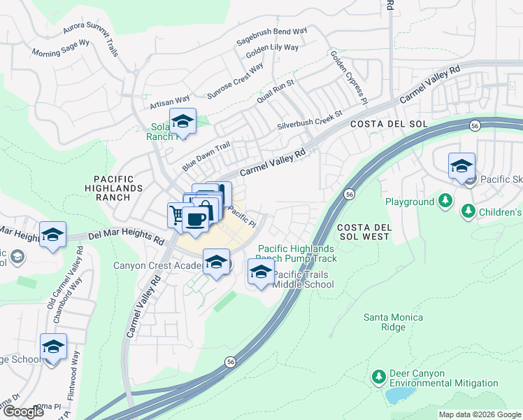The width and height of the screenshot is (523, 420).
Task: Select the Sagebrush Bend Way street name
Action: [x=271, y=37]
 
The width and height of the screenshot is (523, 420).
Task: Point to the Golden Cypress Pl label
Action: [x=348, y=76]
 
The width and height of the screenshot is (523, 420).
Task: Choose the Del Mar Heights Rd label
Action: [x=126, y=237]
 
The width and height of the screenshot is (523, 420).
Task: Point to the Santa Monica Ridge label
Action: [x=393, y=322]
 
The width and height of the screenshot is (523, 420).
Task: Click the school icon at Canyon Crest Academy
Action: [x=217, y=262]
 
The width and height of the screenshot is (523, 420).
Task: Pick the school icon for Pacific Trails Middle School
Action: [x=261, y=272]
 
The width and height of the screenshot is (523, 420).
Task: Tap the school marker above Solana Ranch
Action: [x=182, y=122]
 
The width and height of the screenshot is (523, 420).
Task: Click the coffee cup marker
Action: [x=195, y=220]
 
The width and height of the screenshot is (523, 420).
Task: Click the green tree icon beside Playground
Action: [x=445, y=202]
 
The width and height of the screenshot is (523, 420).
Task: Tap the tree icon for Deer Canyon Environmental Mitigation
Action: [x=378, y=377]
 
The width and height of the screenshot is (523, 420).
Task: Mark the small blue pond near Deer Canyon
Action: [x=398, y=395]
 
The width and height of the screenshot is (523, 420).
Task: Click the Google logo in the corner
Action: [x=23, y=412]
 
